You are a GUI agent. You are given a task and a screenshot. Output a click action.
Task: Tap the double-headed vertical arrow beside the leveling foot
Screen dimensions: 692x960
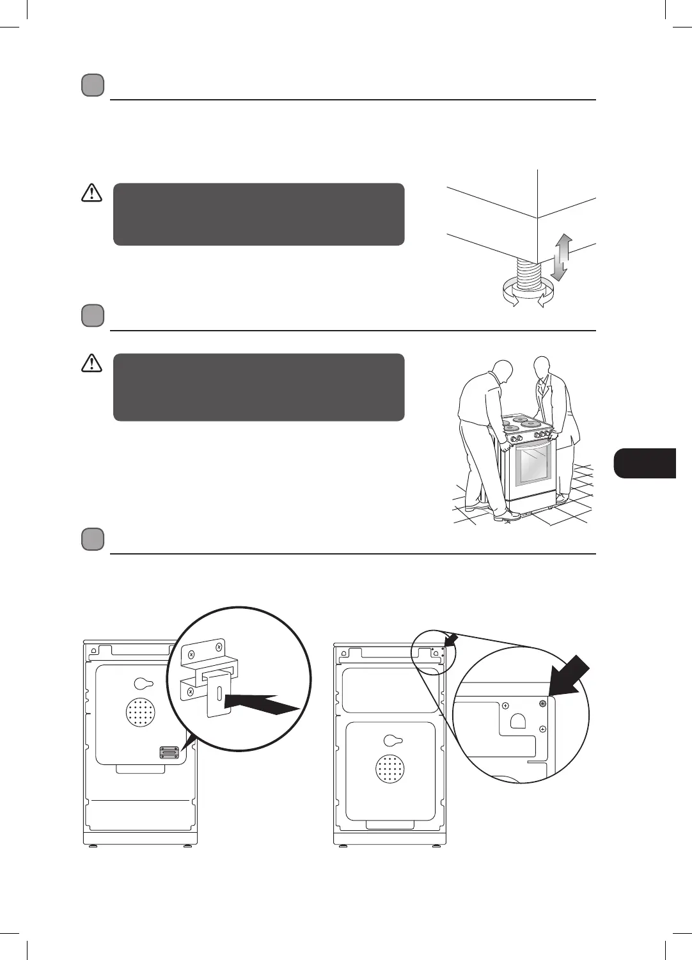[560, 257]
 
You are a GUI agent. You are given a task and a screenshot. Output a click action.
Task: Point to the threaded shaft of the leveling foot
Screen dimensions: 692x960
[528, 276]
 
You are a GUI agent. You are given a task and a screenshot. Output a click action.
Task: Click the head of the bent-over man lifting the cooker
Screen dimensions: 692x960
[503, 372]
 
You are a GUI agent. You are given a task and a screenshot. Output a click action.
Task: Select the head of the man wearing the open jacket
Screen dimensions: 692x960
[542, 366]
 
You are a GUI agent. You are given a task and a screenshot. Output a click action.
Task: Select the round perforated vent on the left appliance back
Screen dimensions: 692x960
[141, 711]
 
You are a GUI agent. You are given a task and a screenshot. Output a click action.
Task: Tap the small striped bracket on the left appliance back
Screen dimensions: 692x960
[169, 752]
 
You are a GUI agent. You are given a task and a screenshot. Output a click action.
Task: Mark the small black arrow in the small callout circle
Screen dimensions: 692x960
[452, 639]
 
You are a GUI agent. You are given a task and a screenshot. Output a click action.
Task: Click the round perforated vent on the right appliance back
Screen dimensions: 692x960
[390, 768]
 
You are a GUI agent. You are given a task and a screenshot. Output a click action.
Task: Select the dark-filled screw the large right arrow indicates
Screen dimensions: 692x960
[543, 703]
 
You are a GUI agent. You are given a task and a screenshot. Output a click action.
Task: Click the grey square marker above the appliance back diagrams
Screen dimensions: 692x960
[93, 539]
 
